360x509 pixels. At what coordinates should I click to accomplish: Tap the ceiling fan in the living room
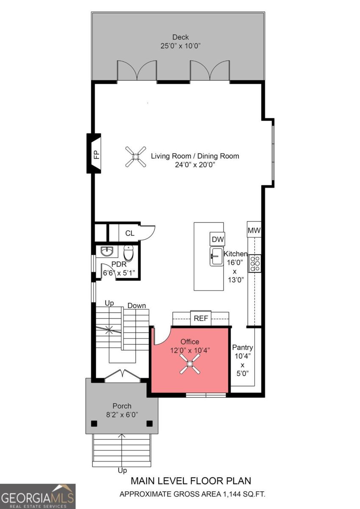point(136,157)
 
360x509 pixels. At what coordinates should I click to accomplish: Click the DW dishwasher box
point(218,239)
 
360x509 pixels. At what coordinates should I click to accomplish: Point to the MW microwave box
point(254,231)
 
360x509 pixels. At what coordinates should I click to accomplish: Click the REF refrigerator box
point(201,318)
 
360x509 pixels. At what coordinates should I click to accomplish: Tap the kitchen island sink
point(216,257)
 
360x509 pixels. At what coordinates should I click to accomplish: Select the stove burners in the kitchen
point(255,263)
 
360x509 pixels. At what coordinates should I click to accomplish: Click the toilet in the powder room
point(128,254)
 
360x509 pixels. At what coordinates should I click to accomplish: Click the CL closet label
point(130,233)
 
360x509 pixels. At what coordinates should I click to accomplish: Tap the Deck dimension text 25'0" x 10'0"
point(180,46)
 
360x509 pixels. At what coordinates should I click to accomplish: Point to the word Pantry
point(243,347)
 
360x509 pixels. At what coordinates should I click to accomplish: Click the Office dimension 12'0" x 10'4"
point(190,350)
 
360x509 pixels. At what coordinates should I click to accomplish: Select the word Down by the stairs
point(137,305)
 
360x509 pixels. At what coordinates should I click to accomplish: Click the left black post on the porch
point(94,423)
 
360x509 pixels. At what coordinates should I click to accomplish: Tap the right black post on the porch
point(149,423)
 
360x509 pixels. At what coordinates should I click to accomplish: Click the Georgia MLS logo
point(38,496)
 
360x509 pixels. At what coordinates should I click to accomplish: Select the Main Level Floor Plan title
point(190,481)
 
